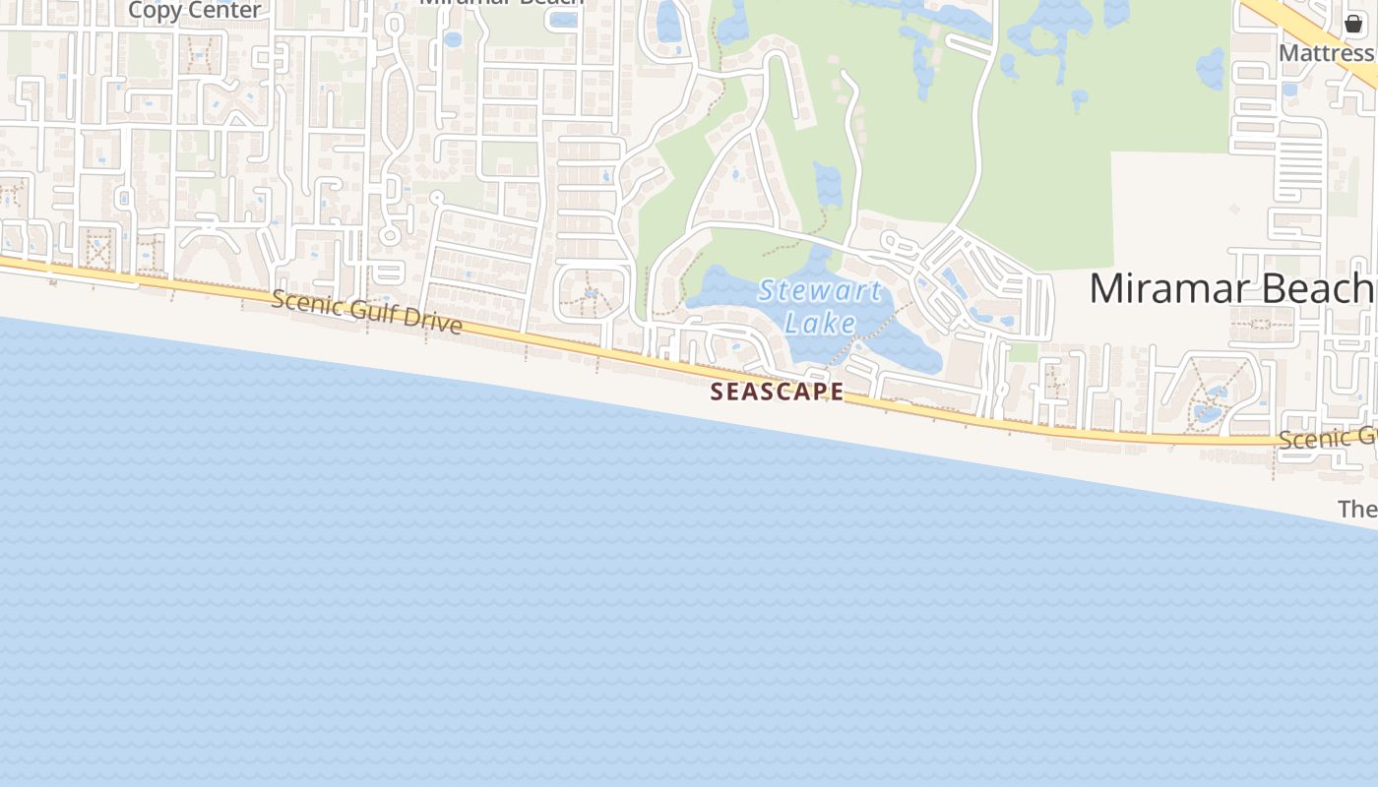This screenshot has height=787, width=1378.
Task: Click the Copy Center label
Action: point(194,10)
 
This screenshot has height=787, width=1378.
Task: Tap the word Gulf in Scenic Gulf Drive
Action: point(373,311)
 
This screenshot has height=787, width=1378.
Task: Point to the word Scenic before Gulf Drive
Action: point(305,301)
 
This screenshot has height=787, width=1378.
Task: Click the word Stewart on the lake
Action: point(819,292)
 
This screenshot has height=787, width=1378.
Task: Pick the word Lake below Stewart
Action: point(820,323)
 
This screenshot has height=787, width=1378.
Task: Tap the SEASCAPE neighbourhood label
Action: point(777,392)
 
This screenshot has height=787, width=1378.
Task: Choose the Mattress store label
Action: point(1326,52)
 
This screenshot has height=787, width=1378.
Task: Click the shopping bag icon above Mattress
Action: point(1353,24)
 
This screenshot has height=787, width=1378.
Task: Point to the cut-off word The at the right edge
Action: point(1357,509)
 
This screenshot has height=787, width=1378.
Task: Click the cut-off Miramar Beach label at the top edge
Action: point(502,3)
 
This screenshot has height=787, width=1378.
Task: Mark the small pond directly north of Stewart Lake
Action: point(829,184)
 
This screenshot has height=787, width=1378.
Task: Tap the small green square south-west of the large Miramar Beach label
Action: point(1024,351)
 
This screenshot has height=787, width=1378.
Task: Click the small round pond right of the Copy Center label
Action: point(452,39)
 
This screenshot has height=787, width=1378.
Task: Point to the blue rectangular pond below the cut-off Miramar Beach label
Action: point(564,19)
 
